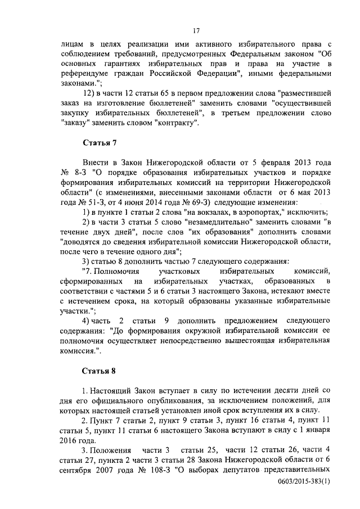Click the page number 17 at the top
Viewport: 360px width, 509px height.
click(196, 30)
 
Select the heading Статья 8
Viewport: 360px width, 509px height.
click(100, 371)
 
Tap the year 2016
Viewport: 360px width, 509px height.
click(70, 440)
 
